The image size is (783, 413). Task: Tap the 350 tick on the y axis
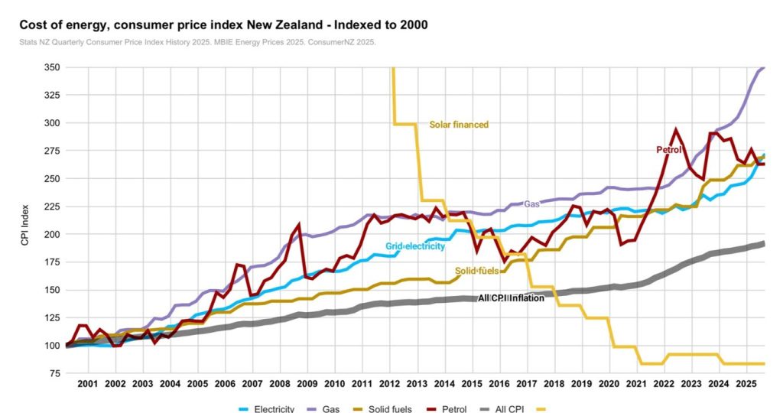[x=53, y=67]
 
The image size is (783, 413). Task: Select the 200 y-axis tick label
[x=53, y=234]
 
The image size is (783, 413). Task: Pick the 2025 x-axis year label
[x=746, y=382]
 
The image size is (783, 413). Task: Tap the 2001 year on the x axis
[x=88, y=382]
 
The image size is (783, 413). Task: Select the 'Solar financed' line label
[x=458, y=124]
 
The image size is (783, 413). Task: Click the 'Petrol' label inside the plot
[x=668, y=150]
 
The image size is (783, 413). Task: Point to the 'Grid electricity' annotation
[x=415, y=246]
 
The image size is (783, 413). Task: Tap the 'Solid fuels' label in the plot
[x=477, y=271]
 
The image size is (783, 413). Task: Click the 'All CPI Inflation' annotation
[x=511, y=298]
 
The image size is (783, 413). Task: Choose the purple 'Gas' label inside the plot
[x=531, y=204]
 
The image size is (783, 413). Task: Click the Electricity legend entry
[x=267, y=408]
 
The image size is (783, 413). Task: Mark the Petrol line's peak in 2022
[x=675, y=129]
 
